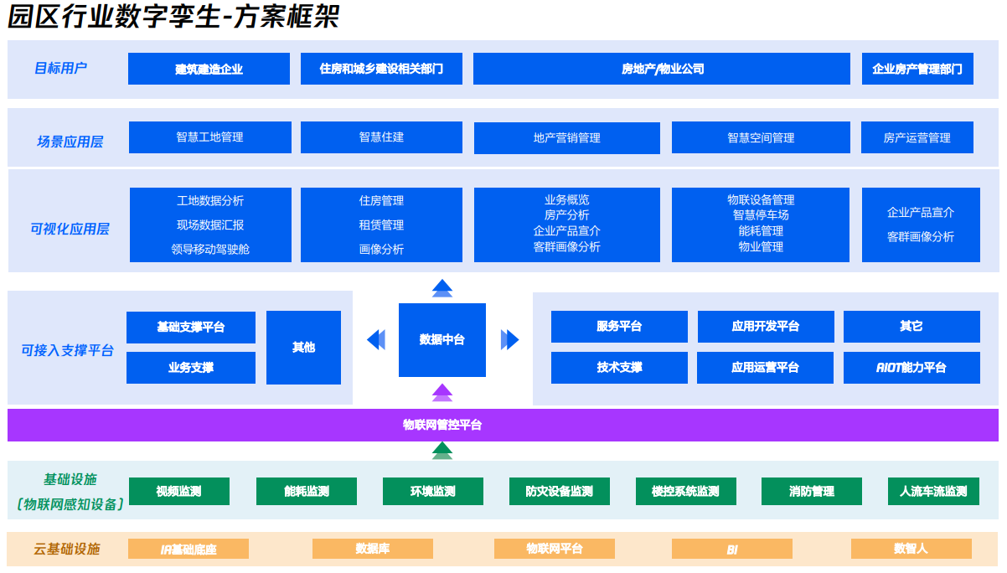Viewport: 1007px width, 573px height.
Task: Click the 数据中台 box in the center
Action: pyautogui.click(x=442, y=339)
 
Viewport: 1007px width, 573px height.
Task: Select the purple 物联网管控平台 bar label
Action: pyautogui.click(x=442, y=425)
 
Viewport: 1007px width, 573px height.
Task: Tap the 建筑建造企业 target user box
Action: pyautogui.click(x=209, y=69)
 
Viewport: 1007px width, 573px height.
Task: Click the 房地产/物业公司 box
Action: pyautogui.click(x=662, y=69)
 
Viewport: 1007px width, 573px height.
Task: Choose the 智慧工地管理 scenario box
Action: pyautogui.click(x=209, y=137)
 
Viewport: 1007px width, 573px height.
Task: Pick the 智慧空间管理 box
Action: pyautogui.click(x=761, y=137)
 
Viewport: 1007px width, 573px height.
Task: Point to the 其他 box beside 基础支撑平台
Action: pyautogui.click(x=303, y=347)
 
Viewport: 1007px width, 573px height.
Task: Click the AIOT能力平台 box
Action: pyautogui.click(x=911, y=367)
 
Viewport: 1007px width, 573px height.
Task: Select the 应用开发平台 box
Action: pyautogui.click(x=766, y=326)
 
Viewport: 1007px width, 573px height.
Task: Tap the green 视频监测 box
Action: pyautogui.click(x=179, y=491)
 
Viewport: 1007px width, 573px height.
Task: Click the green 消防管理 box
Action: pyautogui.click(x=812, y=491)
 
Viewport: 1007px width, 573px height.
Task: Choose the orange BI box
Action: pyautogui.click(x=732, y=550)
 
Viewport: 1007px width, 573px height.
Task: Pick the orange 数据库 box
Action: pyautogui.click(x=373, y=549)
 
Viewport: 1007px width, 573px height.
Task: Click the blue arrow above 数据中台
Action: pyautogui.click(x=442, y=288)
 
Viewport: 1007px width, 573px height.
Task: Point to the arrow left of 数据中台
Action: pyautogui.click(x=376, y=339)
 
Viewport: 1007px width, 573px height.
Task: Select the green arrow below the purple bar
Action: pyautogui.click(x=442, y=451)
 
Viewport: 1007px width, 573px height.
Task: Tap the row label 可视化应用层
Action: pyautogui.click(x=70, y=229)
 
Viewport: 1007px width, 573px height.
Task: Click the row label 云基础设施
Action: pyautogui.click(x=67, y=549)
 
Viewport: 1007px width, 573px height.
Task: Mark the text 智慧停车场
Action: pyautogui.click(x=761, y=215)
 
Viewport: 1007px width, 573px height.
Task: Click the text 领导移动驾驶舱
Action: pyautogui.click(x=210, y=249)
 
